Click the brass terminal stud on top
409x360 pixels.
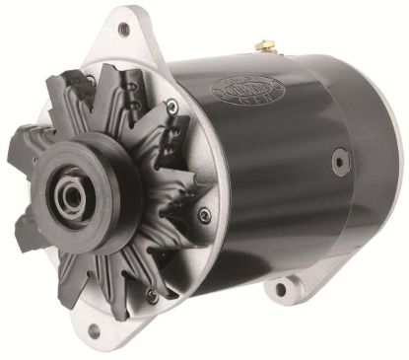(x=260, y=46)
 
